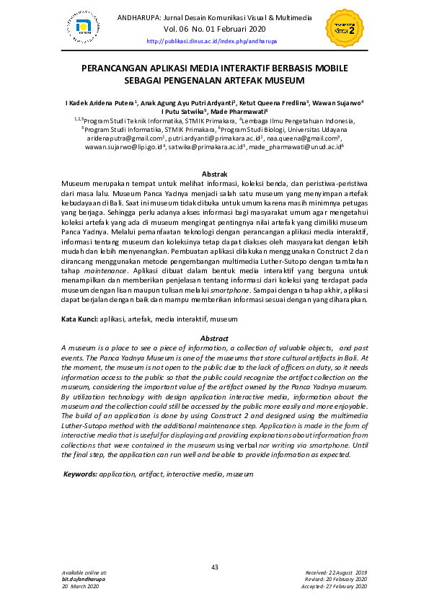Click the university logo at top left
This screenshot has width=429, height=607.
(84, 27)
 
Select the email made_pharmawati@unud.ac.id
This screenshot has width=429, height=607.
(294, 146)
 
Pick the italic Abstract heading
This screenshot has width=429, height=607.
(214, 339)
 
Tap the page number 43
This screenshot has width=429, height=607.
(214, 567)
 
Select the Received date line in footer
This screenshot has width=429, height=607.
(336, 572)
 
